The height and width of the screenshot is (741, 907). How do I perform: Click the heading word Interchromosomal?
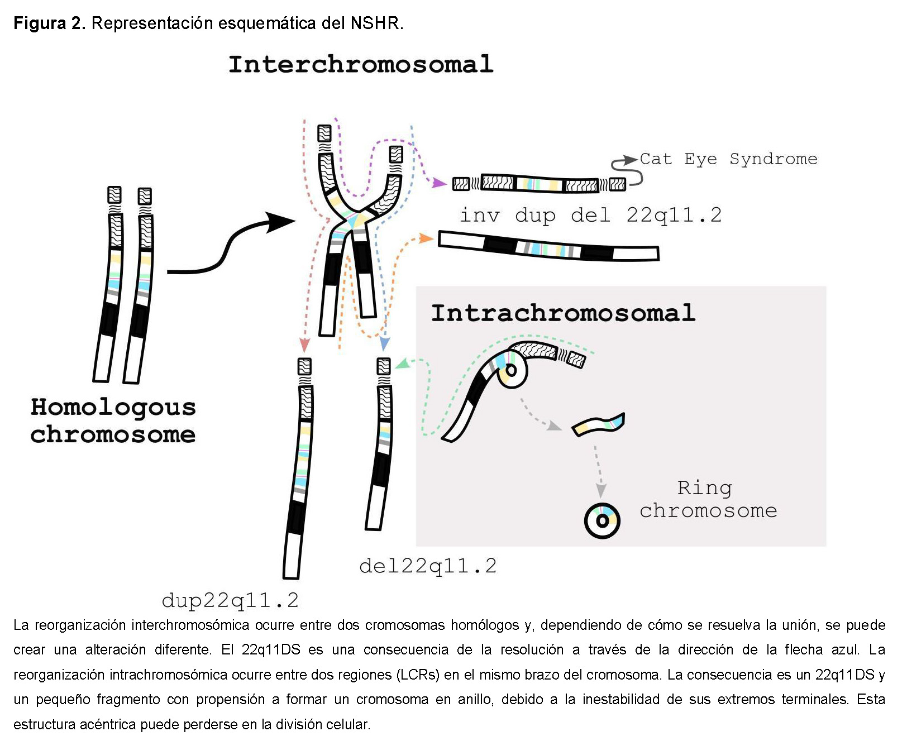361,64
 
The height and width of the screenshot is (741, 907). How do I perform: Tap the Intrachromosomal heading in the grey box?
563,313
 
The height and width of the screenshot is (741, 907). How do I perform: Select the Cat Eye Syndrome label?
728,159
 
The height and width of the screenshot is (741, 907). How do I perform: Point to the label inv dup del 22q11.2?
590,215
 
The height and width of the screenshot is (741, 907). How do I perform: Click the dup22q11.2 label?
230,600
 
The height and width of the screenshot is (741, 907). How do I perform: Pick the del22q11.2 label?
428,566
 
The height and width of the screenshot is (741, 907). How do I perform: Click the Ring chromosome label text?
708,499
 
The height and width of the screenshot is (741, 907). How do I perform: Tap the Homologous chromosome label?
113,420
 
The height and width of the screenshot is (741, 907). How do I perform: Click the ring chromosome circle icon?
602,520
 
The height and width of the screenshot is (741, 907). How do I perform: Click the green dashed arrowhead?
402,365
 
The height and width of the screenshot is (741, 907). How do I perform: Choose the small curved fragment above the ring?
598,426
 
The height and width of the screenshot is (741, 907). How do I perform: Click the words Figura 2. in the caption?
49,23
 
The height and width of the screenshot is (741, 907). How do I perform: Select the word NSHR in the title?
375,23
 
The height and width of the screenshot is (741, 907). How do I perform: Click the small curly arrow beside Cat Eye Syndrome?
626,170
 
